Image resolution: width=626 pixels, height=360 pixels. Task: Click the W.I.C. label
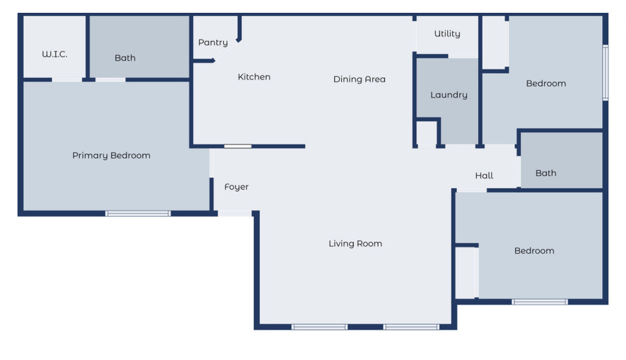point(54,54)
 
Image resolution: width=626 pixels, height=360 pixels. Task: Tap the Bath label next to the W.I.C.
point(125,58)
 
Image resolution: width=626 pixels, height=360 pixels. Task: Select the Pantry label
point(213,43)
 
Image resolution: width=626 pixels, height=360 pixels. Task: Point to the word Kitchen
point(254,77)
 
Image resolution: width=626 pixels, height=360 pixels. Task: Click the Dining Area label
point(359,79)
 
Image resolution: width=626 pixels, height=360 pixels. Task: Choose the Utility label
point(447,34)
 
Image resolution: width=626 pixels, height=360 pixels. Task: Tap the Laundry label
point(449,95)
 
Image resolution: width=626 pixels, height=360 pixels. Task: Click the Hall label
point(484,176)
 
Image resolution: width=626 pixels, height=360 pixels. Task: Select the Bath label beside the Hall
point(546,174)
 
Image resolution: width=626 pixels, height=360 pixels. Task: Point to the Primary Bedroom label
point(111,156)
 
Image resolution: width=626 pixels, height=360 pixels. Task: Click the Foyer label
point(236,187)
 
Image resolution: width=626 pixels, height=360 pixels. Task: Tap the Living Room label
point(355,244)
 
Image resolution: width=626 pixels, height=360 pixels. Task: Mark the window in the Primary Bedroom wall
point(138,213)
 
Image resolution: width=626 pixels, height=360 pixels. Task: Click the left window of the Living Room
point(319,327)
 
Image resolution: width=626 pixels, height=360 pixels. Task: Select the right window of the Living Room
point(411,327)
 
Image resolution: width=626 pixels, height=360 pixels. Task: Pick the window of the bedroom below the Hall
point(539,301)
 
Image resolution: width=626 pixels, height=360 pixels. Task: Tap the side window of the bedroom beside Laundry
point(605,72)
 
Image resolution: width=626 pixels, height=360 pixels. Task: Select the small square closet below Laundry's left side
point(426,133)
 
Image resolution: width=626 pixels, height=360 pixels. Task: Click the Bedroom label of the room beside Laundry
point(546,84)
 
